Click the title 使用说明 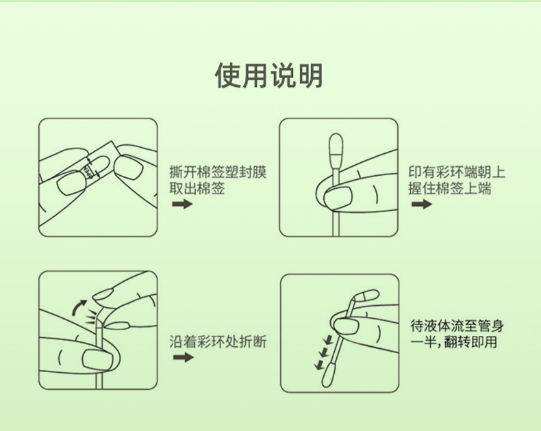click(268, 75)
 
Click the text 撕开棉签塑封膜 click(218, 172)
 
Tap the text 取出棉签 click(197, 189)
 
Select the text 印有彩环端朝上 click(457, 172)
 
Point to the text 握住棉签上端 click(449, 189)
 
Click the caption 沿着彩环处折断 click(218, 341)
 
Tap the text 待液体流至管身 click(457, 326)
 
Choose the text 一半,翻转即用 click(454, 342)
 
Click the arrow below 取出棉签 click(182, 204)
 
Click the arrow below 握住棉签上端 click(422, 204)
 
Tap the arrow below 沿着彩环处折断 click(184, 357)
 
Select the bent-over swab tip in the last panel click(368, 296)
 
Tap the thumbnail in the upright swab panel click(338, 197)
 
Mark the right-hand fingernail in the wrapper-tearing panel click(129, 167)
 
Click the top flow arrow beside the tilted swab click(328, 339)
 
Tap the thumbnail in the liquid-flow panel click(346, 326)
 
